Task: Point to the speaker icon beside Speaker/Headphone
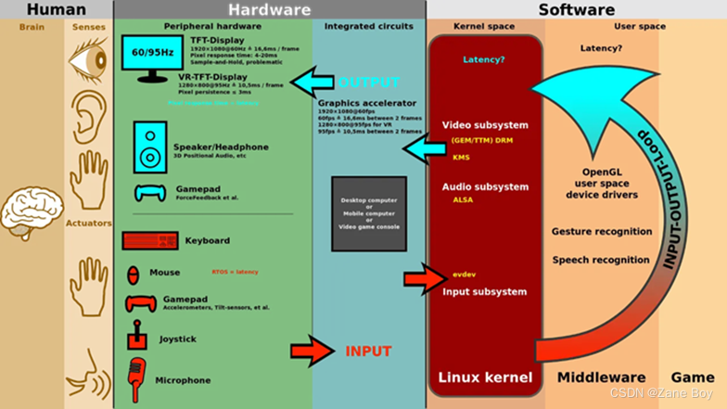point(149,146)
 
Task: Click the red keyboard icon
point(149,241)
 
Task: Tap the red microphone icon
point(138,377)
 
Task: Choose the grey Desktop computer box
point(368,212)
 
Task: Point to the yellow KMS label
point(461,157)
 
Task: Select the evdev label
point(465,275)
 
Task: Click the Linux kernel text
point(485,378)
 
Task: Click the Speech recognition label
point(601,261)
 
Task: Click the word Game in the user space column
point(693,378)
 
